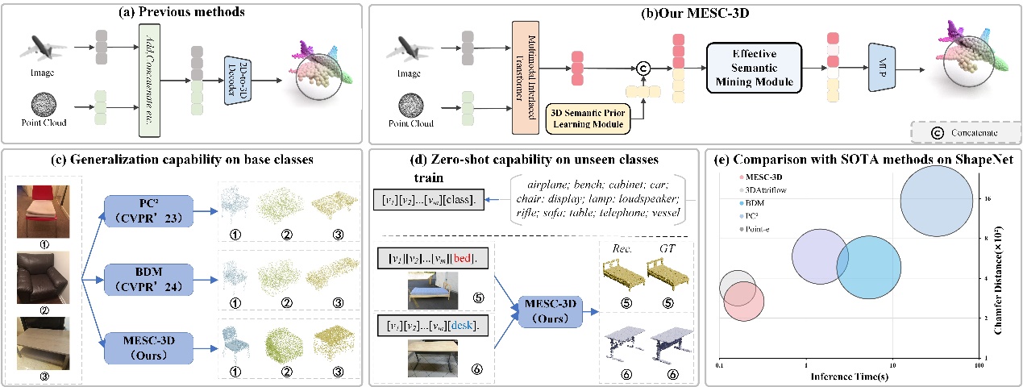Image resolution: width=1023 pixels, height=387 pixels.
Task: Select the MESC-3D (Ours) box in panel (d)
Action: [x=550, y=308]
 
